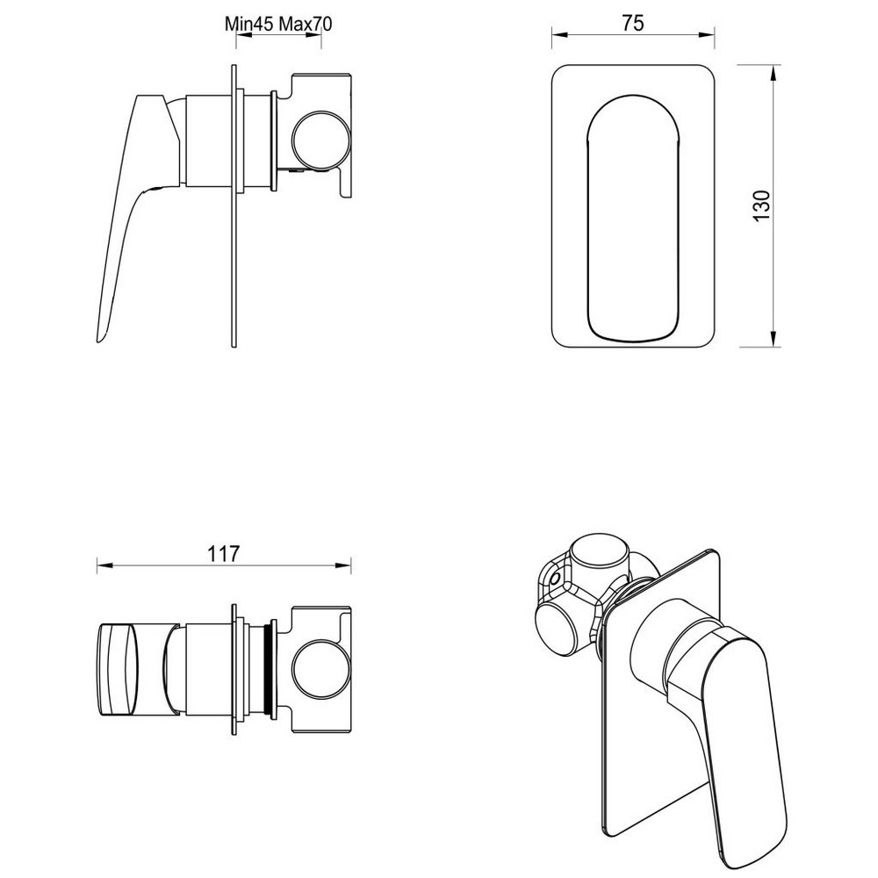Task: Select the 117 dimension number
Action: tap(224, 553)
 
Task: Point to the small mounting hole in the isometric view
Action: tap(554, 580)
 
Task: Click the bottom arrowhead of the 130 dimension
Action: tap(774, 341)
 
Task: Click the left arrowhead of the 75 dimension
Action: tap(557, 36)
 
